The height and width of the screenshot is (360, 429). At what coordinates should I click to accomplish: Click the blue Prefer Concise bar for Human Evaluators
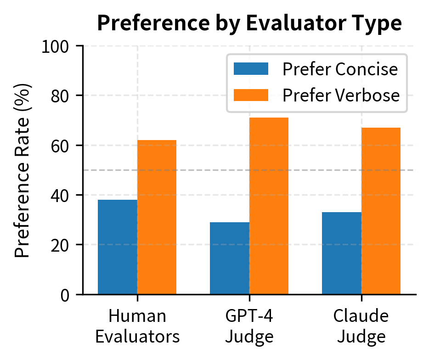pos(118,247)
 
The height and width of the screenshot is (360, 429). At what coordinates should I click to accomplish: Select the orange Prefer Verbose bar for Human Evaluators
pos(157,217)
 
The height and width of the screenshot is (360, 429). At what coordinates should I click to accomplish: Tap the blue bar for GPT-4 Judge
pos(230,258)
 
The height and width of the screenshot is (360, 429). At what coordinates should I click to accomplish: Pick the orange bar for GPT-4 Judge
pos(269,206)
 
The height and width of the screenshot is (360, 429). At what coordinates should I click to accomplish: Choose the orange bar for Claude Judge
pos(381,211)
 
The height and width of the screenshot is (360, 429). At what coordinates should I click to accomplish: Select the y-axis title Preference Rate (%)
pos(23,170)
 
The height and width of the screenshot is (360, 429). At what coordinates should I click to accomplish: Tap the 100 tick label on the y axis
pos(55,46)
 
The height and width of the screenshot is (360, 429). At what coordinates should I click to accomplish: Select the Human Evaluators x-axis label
pos(137,326)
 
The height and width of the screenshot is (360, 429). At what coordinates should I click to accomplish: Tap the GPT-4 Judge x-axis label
pos(249,326)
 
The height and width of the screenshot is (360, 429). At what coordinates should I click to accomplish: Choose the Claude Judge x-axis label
pos(361,326)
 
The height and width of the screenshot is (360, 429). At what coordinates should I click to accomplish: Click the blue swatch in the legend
pos(251,69)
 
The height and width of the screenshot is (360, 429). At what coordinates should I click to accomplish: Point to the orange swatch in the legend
pos(251,95)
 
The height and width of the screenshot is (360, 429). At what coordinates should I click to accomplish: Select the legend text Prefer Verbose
pos(341,95)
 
